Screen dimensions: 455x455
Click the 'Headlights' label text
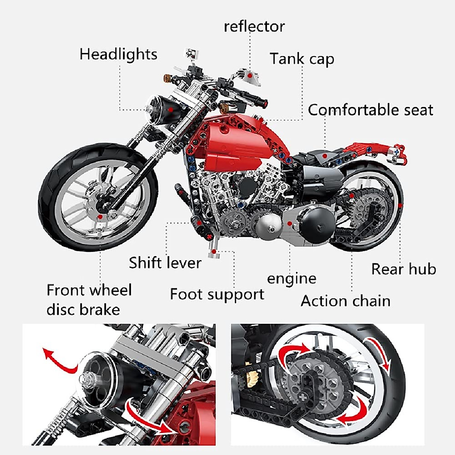point(118,54)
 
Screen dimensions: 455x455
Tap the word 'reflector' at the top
point(254,27)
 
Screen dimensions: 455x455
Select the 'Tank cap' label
point(302,59)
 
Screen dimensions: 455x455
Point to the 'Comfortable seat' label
point(370,110)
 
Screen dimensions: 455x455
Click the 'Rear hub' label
point(403,269)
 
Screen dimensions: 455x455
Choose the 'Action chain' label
point(345,301)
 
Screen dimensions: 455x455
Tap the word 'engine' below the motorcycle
point(292,279)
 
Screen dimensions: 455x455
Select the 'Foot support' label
point(217,294)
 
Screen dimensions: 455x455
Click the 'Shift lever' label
point(165,263)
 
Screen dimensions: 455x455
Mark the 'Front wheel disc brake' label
point(89,300)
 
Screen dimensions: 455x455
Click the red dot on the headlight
point(171,109)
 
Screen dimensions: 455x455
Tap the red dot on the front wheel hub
point(100,217)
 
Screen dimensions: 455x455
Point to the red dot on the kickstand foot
point(214,251)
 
